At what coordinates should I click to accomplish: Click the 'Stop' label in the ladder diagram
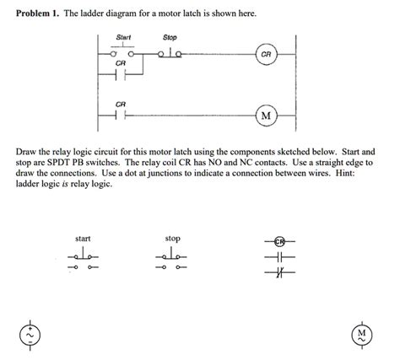(x=169, y=38)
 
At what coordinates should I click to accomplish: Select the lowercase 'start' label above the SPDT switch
(x=83, y=239)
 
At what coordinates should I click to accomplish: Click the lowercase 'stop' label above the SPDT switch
(x=172, y=239)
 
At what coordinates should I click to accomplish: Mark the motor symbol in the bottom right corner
(x=361, y=335)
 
